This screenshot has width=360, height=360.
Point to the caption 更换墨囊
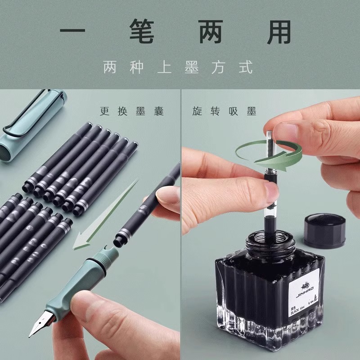[131, 111]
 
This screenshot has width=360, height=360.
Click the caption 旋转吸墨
[224, 111]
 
